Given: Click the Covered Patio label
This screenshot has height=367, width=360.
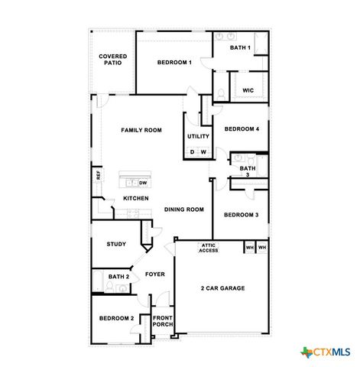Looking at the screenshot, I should (112, 60).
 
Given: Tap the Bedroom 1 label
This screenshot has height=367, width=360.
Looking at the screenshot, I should (174, 62).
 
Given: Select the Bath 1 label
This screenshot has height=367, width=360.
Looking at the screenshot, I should (241, 48).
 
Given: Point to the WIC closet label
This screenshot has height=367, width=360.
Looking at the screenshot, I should (248, 90).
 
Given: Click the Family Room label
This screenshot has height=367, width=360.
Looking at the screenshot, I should (141, 130).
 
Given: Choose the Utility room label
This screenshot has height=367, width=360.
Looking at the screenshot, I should (198, 136).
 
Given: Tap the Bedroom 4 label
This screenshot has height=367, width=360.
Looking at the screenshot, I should (242, 129).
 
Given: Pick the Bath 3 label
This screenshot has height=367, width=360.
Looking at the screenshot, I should (248, 171).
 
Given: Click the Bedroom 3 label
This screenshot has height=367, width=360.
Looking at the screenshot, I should (241, 215).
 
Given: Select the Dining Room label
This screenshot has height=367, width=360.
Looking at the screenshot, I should (184, 209).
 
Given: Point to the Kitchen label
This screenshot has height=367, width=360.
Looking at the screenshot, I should (136, 199).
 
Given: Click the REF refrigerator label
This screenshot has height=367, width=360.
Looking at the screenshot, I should (98, 174).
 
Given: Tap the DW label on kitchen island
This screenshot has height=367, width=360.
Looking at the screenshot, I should (143, 183).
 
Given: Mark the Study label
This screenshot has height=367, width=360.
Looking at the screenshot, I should (116, 244).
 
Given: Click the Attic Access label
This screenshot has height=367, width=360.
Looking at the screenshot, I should (209, 248).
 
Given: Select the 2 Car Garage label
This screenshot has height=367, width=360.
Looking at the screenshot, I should (222, 288).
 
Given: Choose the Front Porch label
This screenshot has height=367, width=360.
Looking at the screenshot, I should (163, 321).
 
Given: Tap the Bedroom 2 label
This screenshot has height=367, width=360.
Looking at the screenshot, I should (116, 318).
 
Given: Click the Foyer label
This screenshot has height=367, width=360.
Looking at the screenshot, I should (155, 274).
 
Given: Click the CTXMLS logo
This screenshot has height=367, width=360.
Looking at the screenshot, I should (326, 352).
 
